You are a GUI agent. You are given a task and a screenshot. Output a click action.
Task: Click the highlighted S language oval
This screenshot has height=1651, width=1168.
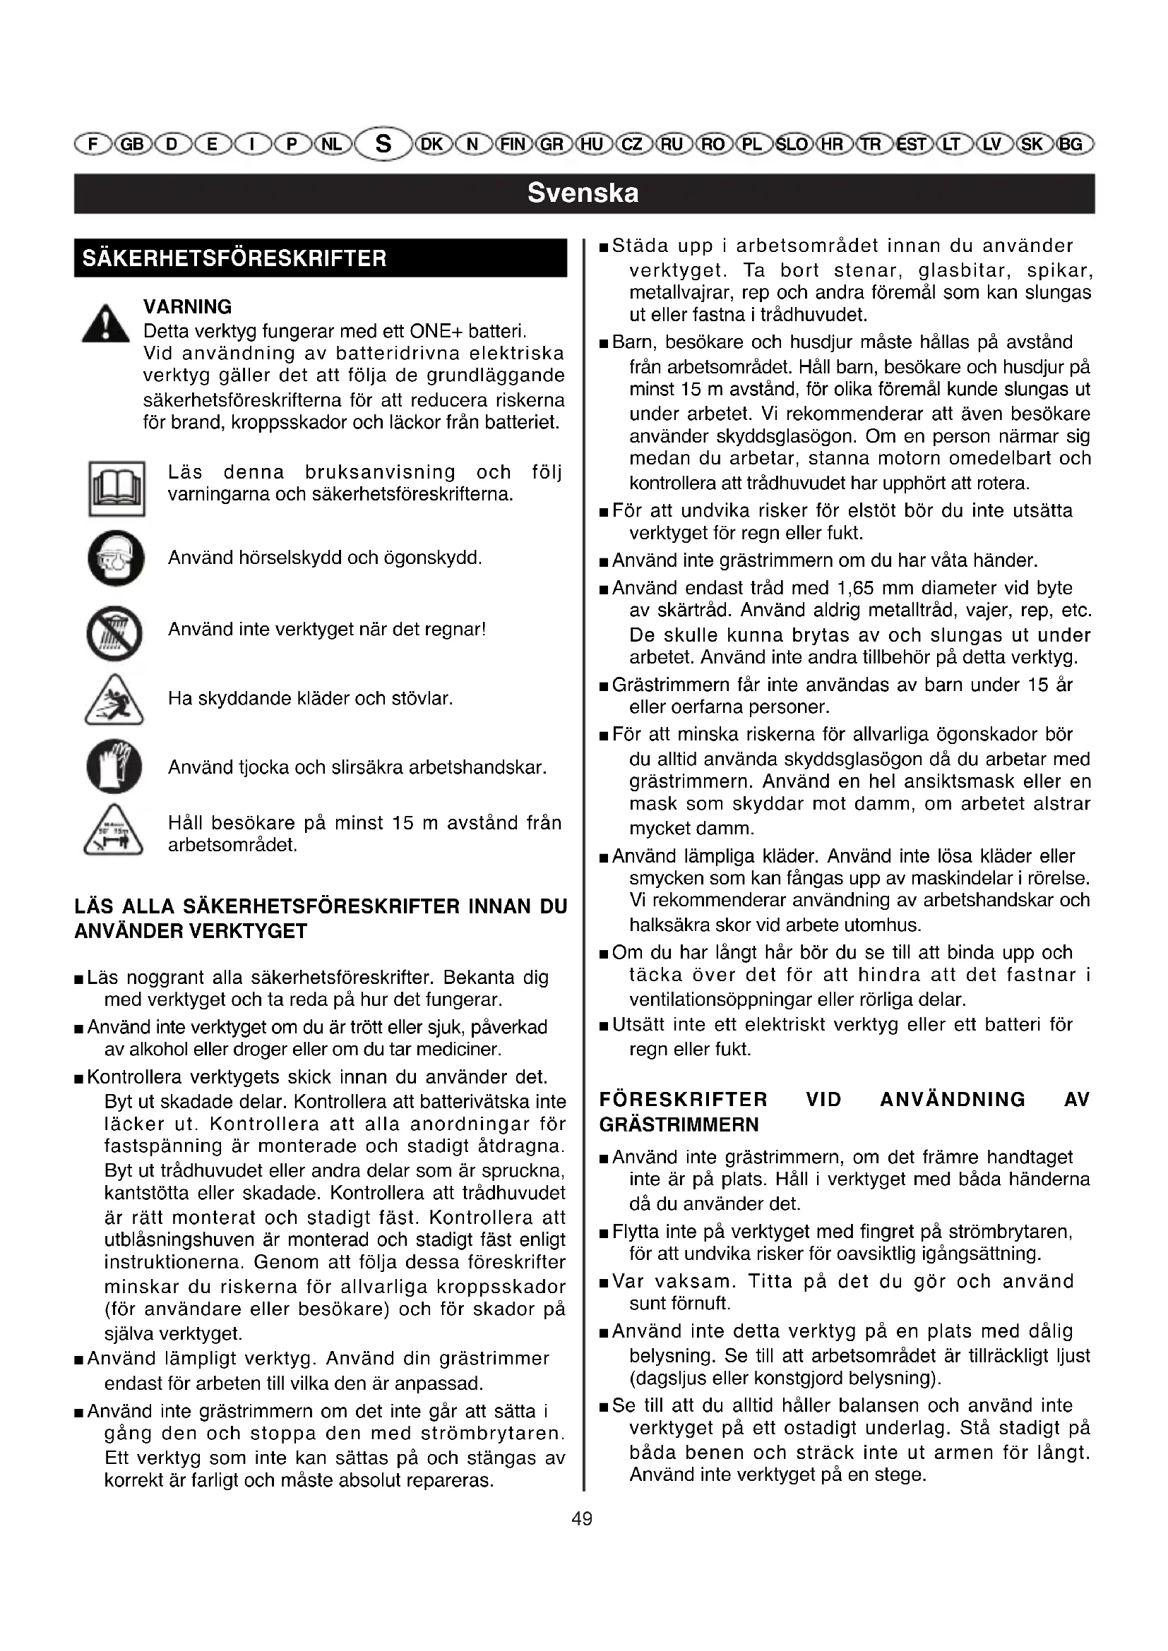point(383,145)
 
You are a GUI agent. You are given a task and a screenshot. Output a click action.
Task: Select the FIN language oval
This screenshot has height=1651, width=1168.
point(512,145)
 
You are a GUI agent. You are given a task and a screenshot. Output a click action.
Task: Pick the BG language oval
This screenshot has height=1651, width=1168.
point(1072,145)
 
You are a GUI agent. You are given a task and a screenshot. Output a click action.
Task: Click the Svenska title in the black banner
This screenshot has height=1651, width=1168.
point(583,193)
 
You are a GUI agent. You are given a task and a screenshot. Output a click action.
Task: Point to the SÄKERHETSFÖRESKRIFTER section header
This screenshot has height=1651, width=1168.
point(234,258)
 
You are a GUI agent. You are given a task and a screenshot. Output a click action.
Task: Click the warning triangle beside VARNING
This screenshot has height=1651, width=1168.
point(106,324)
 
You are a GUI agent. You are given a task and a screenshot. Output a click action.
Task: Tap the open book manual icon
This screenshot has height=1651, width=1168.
point(117,489)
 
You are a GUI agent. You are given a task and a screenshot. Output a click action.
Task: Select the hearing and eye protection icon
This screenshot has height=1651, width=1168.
point(116,558)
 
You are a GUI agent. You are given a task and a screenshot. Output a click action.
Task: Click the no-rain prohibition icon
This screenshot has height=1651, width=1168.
point(115,633)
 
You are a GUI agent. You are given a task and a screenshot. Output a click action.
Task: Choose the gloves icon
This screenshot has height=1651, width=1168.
point(114,767)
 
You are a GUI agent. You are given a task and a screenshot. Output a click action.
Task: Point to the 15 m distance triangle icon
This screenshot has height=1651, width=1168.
point(114,831)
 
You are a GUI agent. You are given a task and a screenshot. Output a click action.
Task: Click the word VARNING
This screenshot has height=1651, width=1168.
point(188,307)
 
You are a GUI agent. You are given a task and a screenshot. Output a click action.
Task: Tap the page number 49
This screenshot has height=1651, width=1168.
point(582,1519)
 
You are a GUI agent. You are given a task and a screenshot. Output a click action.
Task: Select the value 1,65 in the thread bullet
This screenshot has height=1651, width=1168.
point(854,588)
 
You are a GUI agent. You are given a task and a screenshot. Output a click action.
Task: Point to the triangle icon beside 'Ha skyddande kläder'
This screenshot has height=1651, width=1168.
point(114,700)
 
